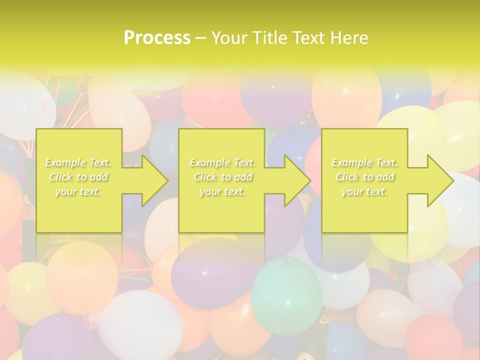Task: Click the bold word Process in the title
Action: [x=157, y=38]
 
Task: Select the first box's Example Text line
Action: [x=78, y=162]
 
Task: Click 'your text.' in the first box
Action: [x=78, y=191]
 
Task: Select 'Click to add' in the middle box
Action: [x=222, y=177]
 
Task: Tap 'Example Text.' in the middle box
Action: [x=222, y=162]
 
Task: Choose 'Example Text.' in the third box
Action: [x=364, y=162]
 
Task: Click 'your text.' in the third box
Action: [x=364, y=191]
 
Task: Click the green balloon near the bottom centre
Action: [x=286, y=295]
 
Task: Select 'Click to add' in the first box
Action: [x=78, y=177]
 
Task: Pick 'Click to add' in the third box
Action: [x=364, y=177]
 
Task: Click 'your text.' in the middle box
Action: [x=222, y=191]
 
